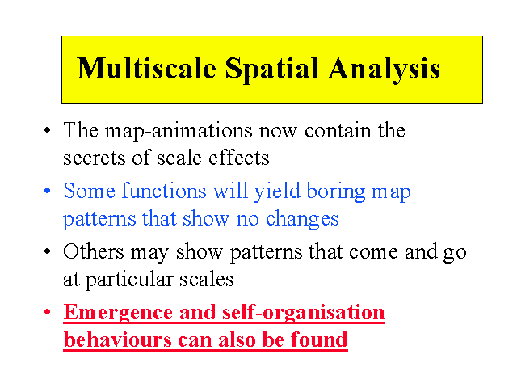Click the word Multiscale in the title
(x=146, y=68)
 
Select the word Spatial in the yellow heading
(x=272, y=70)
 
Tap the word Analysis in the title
(x=384, y=70)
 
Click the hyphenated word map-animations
(x=179, y=132)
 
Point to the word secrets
(x=94, y=158)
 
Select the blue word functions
(x=164, y=191)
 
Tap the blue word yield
(x=277, y=192)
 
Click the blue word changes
(x=302, y=220)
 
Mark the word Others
(x=94, y=252)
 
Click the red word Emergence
(x=118, y=313)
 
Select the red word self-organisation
(x=304, y=313)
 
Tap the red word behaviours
(x=118, y=339)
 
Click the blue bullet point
(x=48, y=191)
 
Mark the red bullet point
(x=48, y=312)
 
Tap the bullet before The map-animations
(x=48, y=130)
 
